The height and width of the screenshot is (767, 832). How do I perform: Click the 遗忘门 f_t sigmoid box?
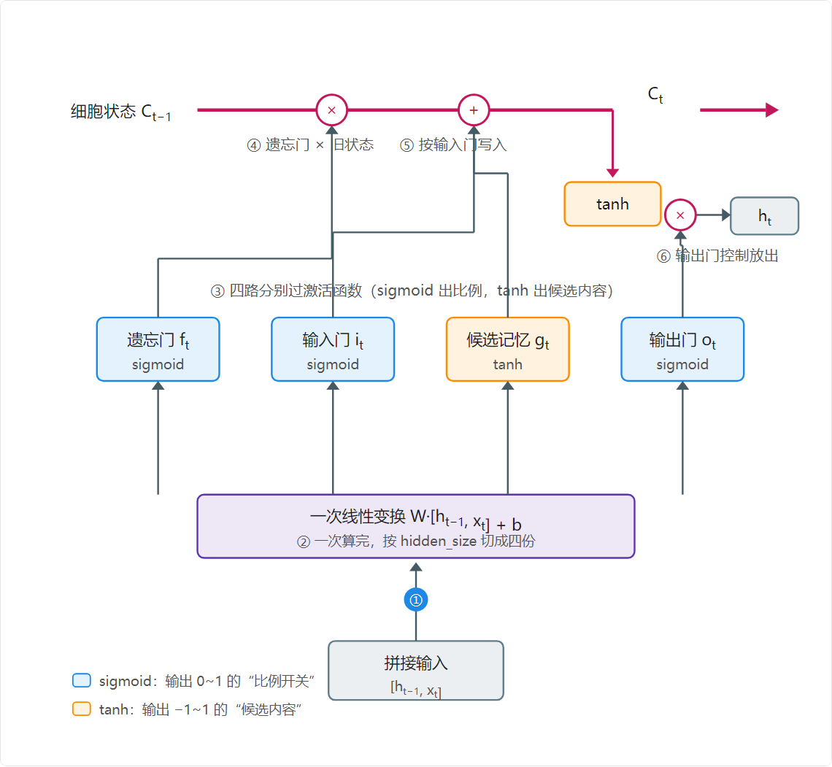tap(158, 349)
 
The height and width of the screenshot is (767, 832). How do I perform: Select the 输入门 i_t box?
tap(333, 349)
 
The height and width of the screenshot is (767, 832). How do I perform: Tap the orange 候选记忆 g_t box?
tap(508, 349)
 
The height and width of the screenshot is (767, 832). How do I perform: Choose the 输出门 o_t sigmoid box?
tap(682, 349)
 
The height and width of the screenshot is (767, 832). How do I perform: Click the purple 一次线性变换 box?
tap(416, 526)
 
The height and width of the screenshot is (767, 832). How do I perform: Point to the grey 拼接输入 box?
tap(416, 671)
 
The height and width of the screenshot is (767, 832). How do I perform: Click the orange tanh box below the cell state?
tap(612, 204)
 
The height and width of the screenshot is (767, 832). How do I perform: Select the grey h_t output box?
tap(765, 216)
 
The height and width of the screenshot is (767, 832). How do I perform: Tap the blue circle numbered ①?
tap(416, 600)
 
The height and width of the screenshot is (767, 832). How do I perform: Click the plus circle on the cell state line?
tap(474, 110)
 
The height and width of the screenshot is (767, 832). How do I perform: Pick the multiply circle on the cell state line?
tap(331, 110)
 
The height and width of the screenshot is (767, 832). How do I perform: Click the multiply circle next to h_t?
tap(680, 215)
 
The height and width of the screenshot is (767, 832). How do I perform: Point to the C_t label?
tap(655, 95)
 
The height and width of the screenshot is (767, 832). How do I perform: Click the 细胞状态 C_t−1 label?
tap(121, 112)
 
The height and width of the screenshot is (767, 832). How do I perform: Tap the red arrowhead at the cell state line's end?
tap(772, 110)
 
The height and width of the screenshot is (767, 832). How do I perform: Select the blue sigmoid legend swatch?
tap(82, 681)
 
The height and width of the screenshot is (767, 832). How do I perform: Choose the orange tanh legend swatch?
tap(82, 709)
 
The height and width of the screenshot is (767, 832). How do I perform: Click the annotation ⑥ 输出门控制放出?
tap(717, 256)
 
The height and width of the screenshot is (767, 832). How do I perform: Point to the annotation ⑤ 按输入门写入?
tap(453, 144)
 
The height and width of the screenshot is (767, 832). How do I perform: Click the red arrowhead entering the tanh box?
tap(612, 173)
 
